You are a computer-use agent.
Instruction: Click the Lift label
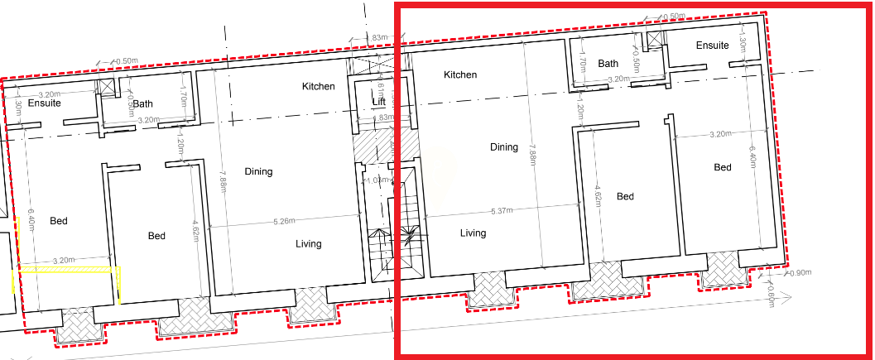(x=379, y=102)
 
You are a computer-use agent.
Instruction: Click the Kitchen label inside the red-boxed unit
(x=460, y=74)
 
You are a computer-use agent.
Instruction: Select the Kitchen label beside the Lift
(x=318, y=86)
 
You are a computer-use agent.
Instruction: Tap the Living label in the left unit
(x=309, y=244)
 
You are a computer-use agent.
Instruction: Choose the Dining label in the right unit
(x=503, y=147)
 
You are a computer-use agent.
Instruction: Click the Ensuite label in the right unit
(x=712, y=46)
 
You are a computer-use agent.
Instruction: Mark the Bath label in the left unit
(x=143, y=104)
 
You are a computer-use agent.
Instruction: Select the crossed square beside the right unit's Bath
(x=656, y=42)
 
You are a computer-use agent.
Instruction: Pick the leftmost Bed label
(x=58, y=221)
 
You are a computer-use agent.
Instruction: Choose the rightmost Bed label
(x=723, y=167)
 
